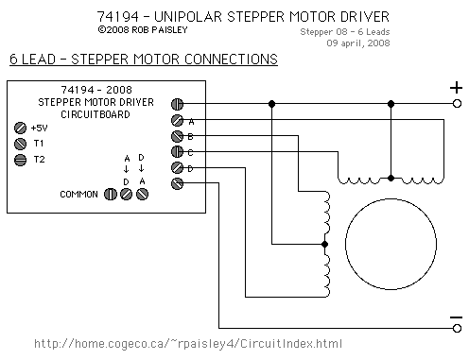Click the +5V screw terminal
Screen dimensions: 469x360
20,129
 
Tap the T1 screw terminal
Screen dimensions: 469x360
20,144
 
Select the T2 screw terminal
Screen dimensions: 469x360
20,160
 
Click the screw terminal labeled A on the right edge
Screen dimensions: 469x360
177,120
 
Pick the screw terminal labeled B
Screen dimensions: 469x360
177,136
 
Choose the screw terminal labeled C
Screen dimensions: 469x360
177,152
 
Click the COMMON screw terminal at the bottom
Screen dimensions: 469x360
111,194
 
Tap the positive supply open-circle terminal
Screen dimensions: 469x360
457,104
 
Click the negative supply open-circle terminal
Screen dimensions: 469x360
457,328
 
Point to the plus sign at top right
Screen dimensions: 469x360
456,88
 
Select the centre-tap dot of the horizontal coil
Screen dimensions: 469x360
391,179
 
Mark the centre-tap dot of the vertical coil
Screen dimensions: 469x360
325,244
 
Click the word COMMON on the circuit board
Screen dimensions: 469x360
78,195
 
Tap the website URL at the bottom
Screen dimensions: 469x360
188,343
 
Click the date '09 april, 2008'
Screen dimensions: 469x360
358,43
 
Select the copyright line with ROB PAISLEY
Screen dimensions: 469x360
143,30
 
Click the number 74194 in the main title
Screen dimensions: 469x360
117,17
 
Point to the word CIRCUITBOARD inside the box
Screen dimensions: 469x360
96,114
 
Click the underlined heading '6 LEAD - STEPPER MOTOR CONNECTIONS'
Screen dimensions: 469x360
144,60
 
